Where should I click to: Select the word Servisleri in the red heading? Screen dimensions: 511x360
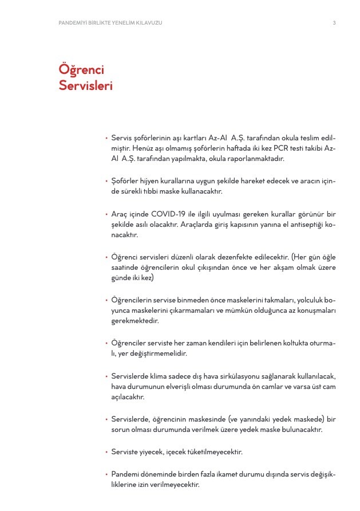pyautogui.click(x=86, y=86)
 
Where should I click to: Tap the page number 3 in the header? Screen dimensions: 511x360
pyautogui.click(x=334, y=23)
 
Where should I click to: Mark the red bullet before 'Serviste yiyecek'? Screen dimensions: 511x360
pyautogui.click(x=106, y=452)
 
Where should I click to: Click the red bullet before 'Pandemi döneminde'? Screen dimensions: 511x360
pyautogui.click(x=106, y=474)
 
